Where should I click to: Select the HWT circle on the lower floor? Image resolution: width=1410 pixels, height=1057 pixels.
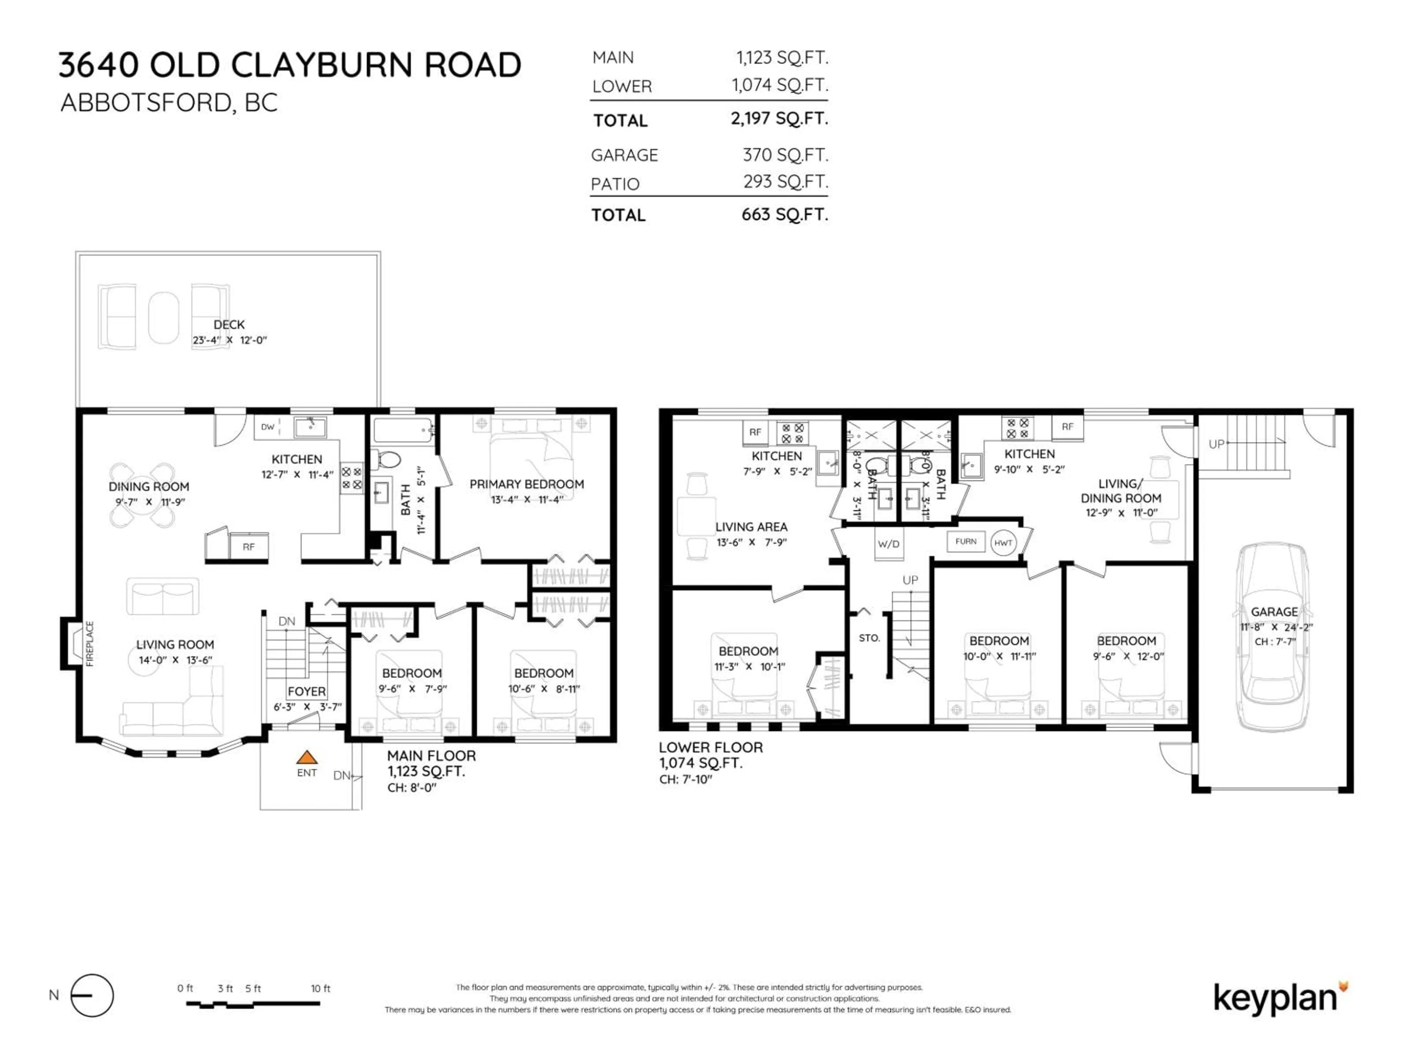coord(1003,543)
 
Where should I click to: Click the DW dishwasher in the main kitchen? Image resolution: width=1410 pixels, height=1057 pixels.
coord(268,427)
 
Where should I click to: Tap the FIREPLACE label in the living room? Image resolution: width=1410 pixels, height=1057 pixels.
coord(90,643)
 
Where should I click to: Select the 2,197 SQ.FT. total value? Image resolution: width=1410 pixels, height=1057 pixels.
coord(779,119)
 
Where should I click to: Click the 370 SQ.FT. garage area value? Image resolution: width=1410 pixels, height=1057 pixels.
coord(785,155)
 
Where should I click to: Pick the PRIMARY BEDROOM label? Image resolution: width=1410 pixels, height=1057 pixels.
coord(527,484)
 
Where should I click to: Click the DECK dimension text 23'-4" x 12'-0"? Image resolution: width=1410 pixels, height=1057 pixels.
coord(229,340)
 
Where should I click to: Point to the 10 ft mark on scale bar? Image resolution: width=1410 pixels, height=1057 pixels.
coord(320,989)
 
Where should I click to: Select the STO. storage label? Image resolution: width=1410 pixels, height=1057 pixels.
coord(869,638)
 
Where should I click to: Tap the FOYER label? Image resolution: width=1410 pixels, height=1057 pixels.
coord(307,691)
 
